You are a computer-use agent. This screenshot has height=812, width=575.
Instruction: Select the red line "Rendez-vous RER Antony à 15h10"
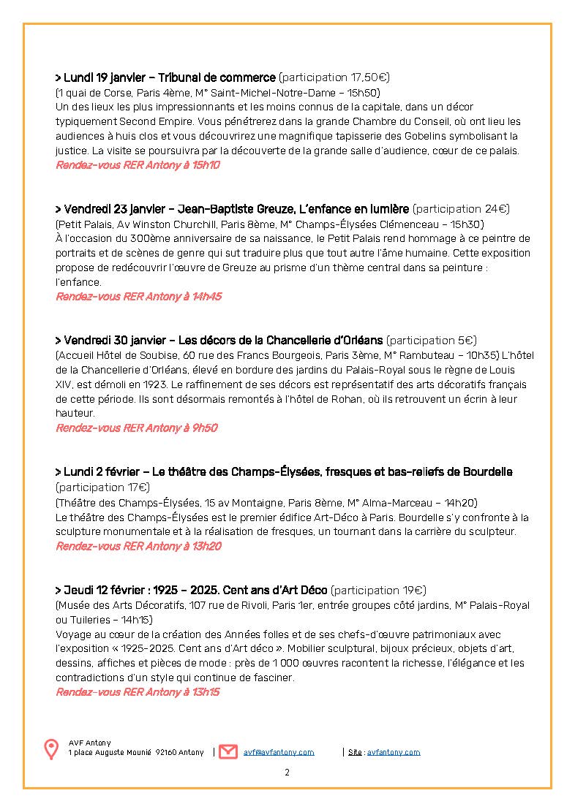pos(138,165)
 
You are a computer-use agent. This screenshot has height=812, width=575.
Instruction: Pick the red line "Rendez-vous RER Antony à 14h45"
pos(138,297)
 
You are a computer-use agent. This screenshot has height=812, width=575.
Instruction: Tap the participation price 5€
pos(465,341)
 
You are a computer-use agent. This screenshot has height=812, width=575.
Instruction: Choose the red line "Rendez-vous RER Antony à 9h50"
pos(136,428)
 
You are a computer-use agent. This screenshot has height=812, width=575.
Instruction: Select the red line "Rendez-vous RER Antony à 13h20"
pos(138,546)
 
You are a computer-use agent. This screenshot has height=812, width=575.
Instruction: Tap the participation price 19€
pos(411,591)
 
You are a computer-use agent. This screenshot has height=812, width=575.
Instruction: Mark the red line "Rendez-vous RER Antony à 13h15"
pos(138,692)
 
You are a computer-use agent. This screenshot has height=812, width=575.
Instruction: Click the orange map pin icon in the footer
pos(51,749)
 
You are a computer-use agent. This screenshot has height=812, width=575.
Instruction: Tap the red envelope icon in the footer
pos(228,751)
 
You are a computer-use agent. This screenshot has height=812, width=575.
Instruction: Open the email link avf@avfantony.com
pos(279,752)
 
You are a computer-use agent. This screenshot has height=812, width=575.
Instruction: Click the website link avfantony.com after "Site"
pos(394,752)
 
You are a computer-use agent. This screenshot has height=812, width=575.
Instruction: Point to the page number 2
pos(287,773)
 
